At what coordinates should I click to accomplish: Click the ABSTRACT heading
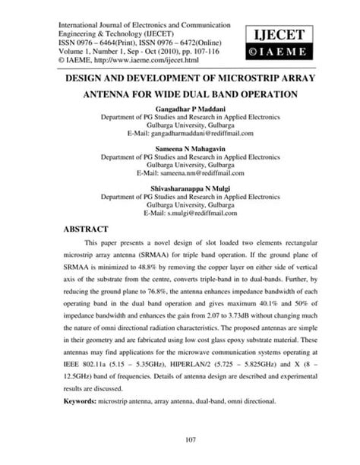tap(88, 226)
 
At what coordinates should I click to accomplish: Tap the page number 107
tap(180, 439)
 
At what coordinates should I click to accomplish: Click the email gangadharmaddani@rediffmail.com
tap(201, 134)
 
